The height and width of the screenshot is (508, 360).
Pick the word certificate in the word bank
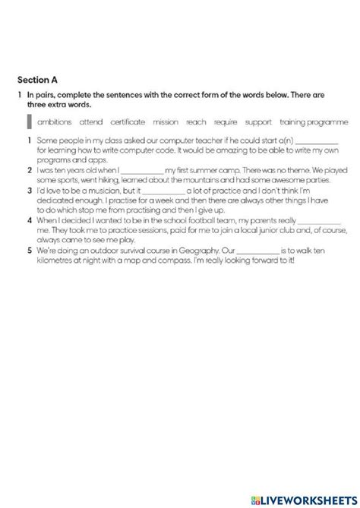tap(128, 121)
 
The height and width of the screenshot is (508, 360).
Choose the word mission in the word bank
tap(166, 121)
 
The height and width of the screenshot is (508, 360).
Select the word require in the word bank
tap(226, 121)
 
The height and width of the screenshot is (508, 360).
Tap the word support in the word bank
tap(258, 121)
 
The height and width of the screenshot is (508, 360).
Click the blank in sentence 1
tap(316, 142)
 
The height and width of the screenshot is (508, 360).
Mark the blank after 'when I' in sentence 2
tap(141, 171)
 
